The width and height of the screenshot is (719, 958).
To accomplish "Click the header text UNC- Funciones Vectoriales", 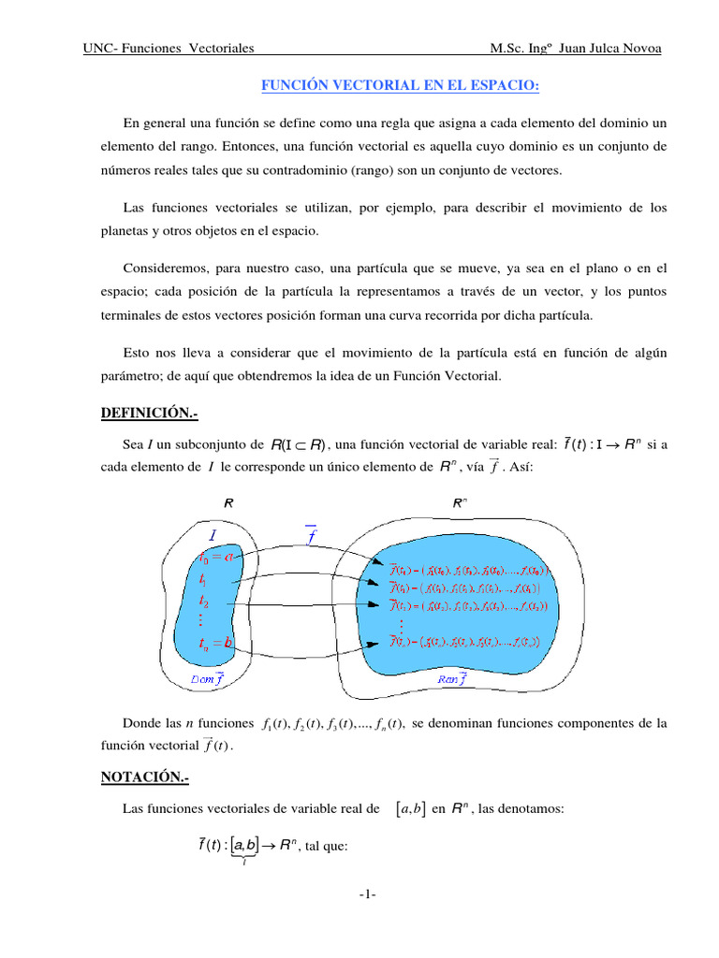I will coord(169,49).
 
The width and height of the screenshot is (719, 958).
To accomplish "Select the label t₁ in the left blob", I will coord(203,580).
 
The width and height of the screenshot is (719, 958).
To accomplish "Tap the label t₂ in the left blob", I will coord(204,602).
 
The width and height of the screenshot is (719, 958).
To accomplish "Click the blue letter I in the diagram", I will coord(213,535).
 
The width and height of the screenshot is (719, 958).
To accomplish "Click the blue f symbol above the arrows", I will coord(312,535).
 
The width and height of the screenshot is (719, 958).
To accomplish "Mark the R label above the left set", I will coord(227,502).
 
